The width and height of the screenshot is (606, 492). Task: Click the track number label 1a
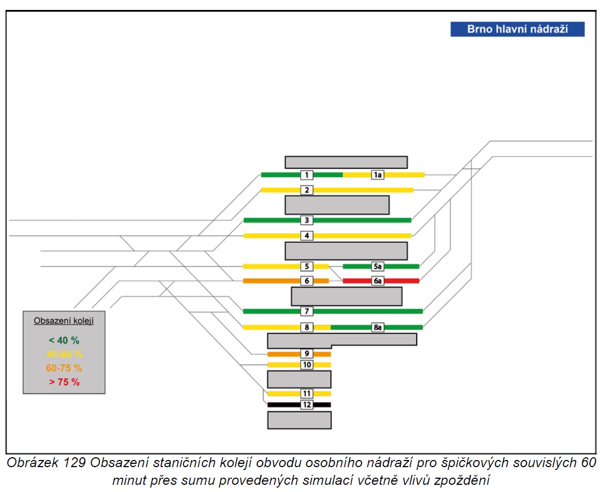pyautogui.click(x=378, y=175)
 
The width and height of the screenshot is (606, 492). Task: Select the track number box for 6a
pyautogui.click(x=378, y=281)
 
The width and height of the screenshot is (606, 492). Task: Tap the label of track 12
pyautogui.click(x=307, y=405)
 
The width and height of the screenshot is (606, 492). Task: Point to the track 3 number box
pyautogui.click(x=307, y=220)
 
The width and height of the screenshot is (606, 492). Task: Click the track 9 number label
pyautogui.click(x=307, y=353)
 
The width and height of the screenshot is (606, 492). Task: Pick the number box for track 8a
pyautogui.click(x=378, y=327)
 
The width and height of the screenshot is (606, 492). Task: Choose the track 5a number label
pyautogui.click(x=378, y=266)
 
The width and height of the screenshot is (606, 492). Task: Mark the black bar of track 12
pyautogui.click(x=299, y=405)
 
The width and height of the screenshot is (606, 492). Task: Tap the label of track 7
pyautogui.click(x=307, y=311)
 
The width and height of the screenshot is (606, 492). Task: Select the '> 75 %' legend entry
pyautogui.click(x=64, y=382)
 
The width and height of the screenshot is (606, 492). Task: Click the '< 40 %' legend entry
pyautogui.click(x=64, y=340)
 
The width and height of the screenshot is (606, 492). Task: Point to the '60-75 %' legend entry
pyautogui.click(x=64, y=368)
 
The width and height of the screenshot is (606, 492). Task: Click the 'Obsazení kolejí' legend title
pyautogui.click(x=64, y=321)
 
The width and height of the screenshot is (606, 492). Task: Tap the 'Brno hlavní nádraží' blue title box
pyautogui.click(x=518, y=29)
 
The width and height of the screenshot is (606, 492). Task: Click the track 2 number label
pyautogui.click(x=307, y=190)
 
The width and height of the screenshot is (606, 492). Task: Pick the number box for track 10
pyautogui.click(x=307, y=365)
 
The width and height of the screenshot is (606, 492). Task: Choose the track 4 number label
pyautogui.click(x=307, y=236)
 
